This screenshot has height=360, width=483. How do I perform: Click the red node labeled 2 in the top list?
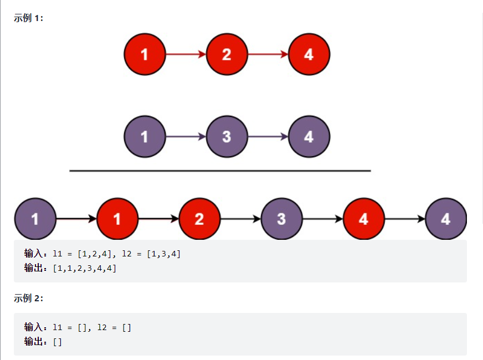click(227, 54)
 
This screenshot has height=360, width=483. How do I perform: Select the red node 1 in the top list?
click(145, 54)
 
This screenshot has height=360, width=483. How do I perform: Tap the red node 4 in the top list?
click(309, 54)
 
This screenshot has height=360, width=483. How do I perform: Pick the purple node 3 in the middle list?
click(227, 136)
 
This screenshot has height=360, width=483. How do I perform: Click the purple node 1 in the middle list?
click(145, 136)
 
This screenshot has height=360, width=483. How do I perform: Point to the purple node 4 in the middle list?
click(309, 136)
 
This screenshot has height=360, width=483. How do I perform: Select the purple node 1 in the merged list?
click(35, 219)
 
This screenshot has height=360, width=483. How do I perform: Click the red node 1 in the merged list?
click(117, 219)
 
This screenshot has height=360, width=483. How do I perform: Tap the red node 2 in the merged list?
click(199, 219)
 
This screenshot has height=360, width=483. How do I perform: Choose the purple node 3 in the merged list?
click(281, 219)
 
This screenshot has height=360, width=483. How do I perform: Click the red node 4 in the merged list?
click(363, 219)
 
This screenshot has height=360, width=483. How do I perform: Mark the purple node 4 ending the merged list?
click(446, 219)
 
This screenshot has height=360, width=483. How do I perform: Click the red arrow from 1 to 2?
click(186, 54)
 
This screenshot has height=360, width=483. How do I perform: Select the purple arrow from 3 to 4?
click(268, 136)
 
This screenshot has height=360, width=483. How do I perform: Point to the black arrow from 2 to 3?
click(240, 219)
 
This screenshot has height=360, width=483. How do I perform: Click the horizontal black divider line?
click(220, 171)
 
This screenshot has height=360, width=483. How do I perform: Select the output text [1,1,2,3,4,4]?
click(84, 268)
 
